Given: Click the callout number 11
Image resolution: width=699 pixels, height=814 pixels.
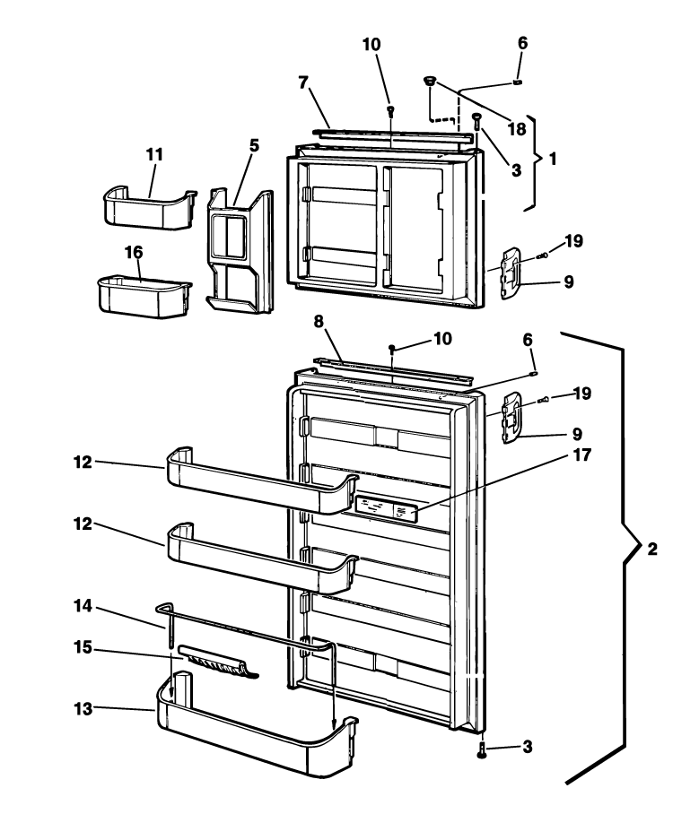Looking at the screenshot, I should click(x=154, y=154).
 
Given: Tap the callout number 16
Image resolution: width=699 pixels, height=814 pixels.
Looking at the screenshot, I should click(x=133, y=254).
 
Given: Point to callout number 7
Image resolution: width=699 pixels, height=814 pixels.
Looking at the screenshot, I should click(x=304, y=82).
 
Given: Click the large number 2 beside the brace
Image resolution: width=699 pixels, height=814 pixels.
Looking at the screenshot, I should click(x=652, y=549).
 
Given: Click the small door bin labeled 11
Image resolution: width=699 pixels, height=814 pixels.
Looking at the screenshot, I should click(x=148, y=206).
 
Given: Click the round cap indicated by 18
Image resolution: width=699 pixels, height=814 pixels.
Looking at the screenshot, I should click(x=431, y=82).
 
